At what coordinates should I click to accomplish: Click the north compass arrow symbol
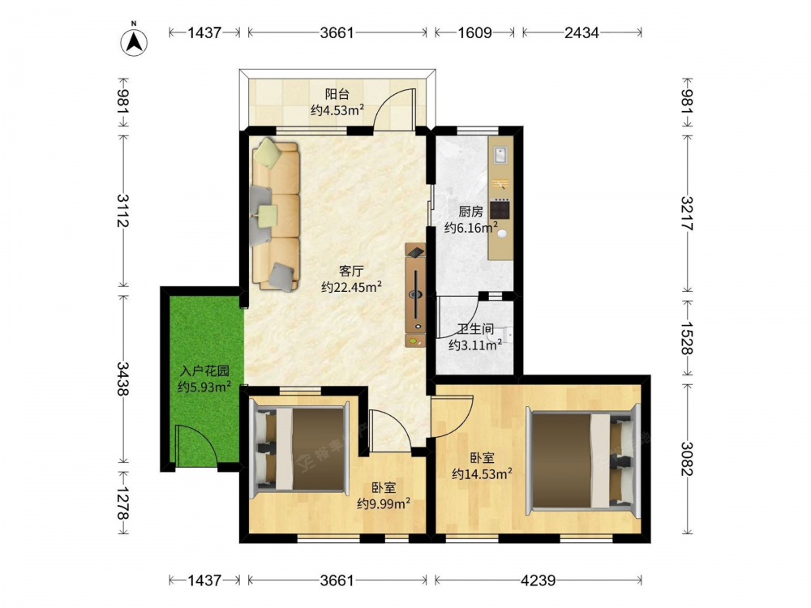134,42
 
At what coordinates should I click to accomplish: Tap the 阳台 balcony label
337,94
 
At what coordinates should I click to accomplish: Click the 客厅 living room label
351,271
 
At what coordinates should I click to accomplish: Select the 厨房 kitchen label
470,212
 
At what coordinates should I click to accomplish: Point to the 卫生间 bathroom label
475,329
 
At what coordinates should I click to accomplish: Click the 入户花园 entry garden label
205,370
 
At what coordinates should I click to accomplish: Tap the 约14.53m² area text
482,473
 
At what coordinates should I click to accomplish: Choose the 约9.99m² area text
384,503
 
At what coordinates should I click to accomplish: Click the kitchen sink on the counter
500,154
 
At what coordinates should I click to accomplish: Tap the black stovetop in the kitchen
500,209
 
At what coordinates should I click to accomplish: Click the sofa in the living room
276,214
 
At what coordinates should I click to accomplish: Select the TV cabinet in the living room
415,295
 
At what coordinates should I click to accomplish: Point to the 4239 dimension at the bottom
538,580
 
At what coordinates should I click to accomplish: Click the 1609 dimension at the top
474,32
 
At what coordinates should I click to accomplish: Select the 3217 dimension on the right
687,213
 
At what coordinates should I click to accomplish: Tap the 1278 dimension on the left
123,503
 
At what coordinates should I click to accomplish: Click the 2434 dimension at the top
581,32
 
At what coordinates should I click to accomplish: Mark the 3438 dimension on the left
123,379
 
